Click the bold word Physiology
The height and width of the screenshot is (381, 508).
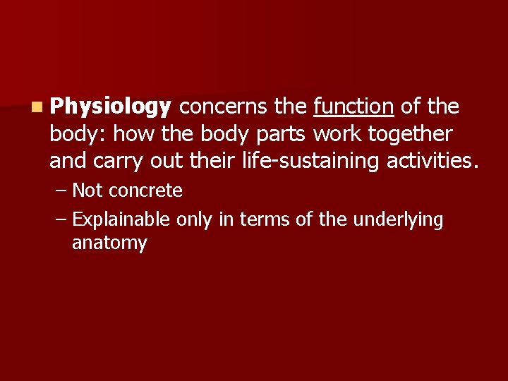pos(111,107)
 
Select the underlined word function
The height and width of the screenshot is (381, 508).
pos(353,107)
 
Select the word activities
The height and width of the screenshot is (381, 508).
pos(433,161)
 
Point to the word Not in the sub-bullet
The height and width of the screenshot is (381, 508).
pos(87,190)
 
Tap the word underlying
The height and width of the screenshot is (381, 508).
pos(398,220)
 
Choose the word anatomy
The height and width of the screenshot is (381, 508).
pos(109,243)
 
